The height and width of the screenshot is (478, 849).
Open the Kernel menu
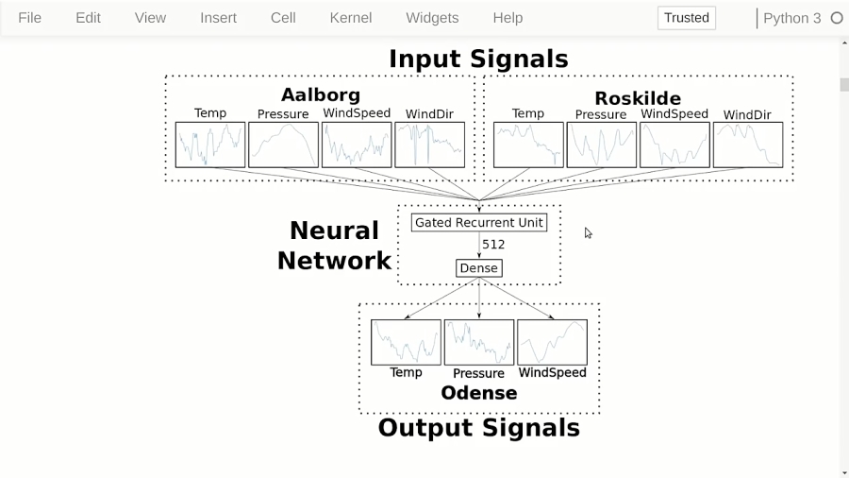350,18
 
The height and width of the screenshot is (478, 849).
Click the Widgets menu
432,18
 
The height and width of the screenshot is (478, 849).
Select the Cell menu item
283,18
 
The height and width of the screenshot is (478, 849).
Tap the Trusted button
686,18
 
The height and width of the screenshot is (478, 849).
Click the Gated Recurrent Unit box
479,223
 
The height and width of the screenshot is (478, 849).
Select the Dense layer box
478,268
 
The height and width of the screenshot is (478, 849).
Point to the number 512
493,245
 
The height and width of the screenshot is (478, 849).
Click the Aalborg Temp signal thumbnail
210,145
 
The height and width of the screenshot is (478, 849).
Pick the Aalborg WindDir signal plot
429,145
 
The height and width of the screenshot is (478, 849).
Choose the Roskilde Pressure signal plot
601,145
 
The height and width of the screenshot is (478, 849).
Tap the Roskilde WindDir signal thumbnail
747,145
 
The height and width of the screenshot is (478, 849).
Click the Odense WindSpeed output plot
552,342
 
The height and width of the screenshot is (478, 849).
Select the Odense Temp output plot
406,342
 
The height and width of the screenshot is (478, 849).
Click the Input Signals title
478,59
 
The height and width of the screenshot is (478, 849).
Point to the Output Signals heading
478,428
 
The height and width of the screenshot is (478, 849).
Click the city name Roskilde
638,98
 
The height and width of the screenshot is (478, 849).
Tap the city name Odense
478,393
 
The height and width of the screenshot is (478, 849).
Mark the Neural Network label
334,246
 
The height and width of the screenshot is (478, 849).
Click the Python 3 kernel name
791,18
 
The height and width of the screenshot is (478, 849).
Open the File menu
30,18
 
